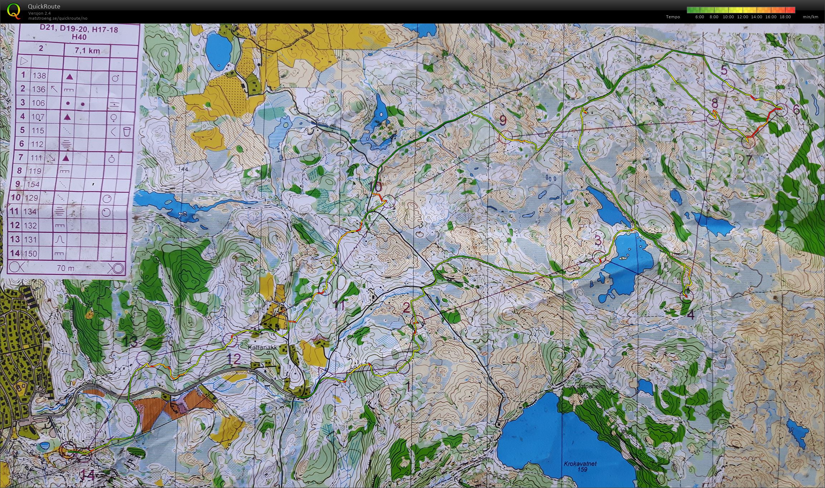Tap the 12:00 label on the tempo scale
click(742, 17)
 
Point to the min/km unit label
click(810, 17)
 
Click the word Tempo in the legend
click(673, 17)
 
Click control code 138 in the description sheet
click(39, 76)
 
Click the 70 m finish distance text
click(65, 268)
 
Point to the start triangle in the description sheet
click(24, 61)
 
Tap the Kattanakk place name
click(263, 347)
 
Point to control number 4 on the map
click(690, 315)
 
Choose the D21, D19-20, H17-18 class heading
click(79, 29)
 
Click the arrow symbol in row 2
click(54, 89)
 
